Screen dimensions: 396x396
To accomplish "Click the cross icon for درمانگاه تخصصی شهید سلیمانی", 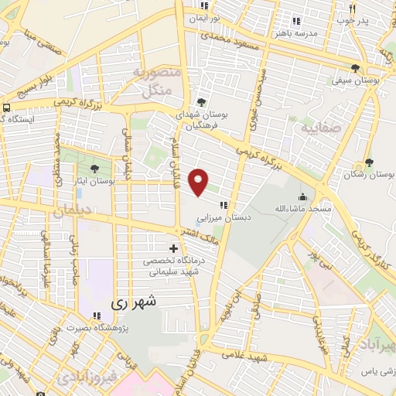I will coord(173,249).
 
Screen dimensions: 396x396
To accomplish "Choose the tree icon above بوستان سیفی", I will coord(355,68).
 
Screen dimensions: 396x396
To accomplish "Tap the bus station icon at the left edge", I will coord(6,108).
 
